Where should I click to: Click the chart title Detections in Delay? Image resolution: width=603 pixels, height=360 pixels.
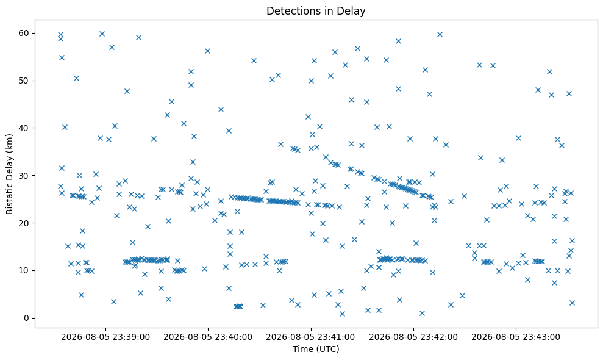(316, 11)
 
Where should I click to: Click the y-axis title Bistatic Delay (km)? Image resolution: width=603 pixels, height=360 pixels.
(9, 174)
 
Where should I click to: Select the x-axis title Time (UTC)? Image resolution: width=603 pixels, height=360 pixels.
(316, 349)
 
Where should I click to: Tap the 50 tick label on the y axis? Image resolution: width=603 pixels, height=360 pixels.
(24, 81)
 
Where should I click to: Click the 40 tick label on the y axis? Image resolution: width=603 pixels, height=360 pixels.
(24, 128)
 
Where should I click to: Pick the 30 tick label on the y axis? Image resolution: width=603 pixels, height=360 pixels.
(24, 176)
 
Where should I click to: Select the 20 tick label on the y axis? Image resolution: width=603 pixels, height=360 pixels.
(24, 223)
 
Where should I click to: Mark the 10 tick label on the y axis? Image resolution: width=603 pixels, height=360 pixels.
(24, 271)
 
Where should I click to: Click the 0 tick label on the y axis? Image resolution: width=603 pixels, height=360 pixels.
(27, 318)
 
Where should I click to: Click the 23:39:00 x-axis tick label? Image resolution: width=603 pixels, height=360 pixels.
(105, 337)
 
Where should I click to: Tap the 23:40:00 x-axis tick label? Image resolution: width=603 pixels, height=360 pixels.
(208, 337)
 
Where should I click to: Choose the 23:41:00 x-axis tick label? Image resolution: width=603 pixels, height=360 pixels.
(311, 337)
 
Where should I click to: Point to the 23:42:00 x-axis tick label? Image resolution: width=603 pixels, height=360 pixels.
(413, 337)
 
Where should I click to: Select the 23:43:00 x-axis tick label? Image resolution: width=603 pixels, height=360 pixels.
(516, 337)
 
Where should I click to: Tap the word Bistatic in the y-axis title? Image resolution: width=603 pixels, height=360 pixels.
(9, 200)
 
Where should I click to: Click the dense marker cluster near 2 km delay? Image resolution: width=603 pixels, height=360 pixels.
(238, 306)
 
